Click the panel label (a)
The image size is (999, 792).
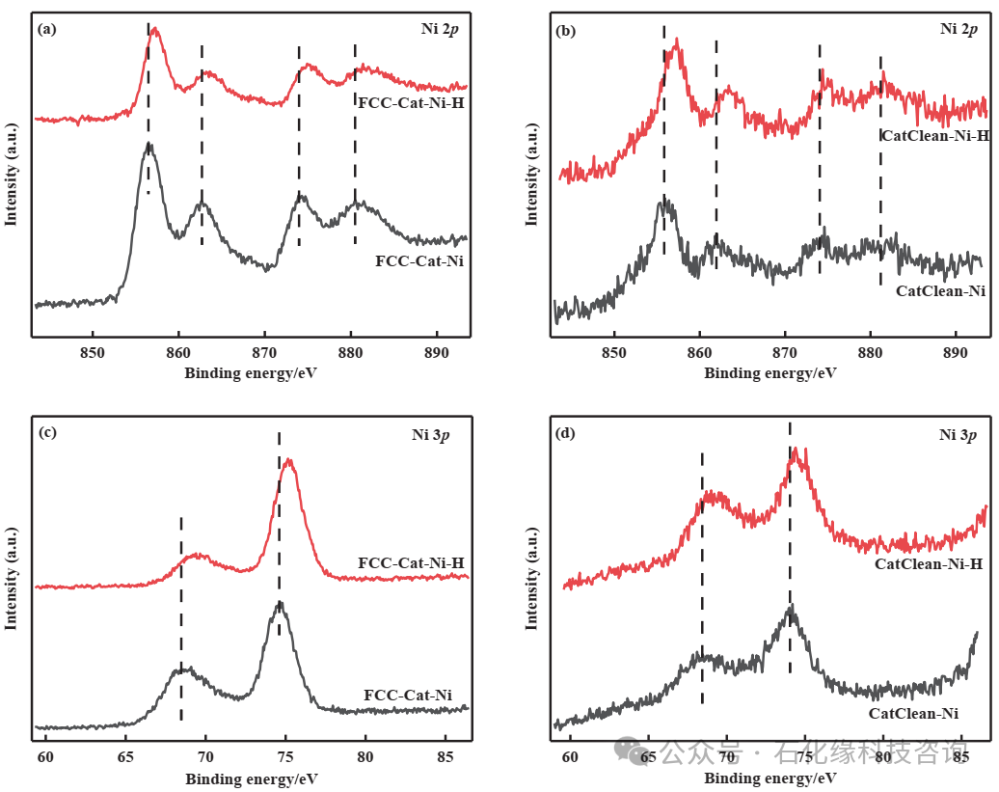click(x=45, y=29)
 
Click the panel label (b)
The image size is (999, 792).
click(x=566, y=31)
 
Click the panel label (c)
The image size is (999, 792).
click(x=45, y=432)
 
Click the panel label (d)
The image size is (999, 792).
click(x=566, y=433)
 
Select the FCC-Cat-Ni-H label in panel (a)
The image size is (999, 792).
click(x=411, y=101)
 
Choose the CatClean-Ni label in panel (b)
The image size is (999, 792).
click(x=940, y=290)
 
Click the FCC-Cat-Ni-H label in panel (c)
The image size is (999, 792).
click(x=411, y=562)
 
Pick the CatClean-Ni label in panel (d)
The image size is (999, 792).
click(x=913, y=714)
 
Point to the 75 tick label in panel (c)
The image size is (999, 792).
click(x=285, y=757)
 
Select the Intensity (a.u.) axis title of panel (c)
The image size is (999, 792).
click(x=12, y=579)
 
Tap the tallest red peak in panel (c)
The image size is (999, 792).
click(x=287, y=461)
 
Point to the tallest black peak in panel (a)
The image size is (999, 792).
click(x=149, y=145)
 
